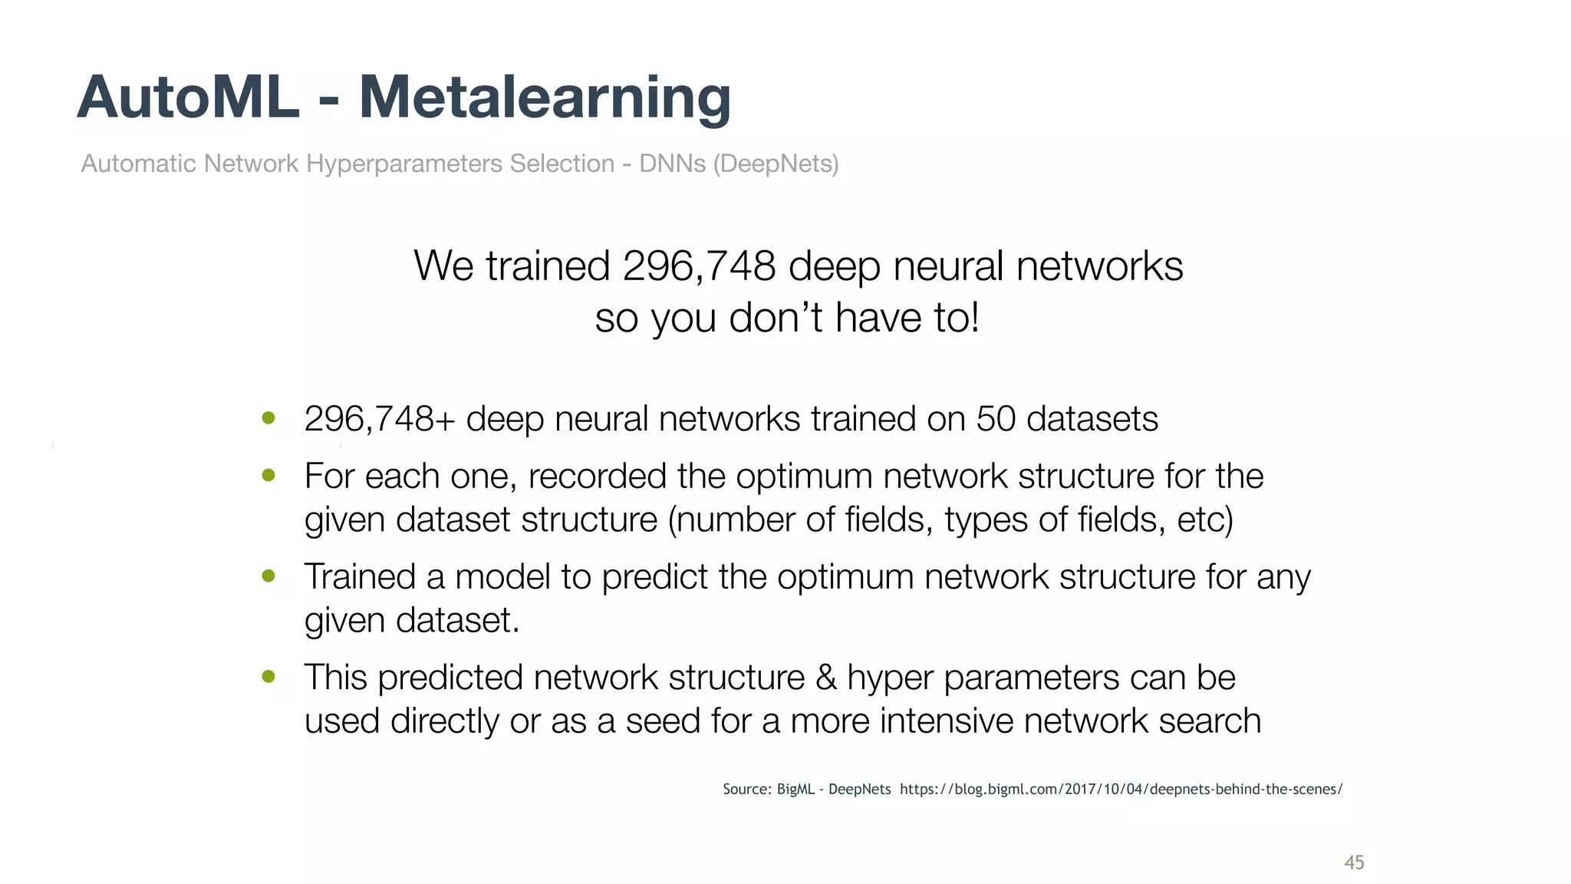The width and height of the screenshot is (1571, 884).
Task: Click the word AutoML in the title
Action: click(x=188, y=97)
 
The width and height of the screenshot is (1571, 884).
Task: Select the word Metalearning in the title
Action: click(x=545, y=97)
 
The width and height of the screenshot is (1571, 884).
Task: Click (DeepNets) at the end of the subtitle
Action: click(x=776, y=163)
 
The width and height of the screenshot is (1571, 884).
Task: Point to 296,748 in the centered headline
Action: click(x=699, y=266)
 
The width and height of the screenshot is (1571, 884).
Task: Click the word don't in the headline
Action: click(x=776, y=318)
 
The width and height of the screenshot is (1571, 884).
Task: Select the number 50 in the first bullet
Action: click(x=996, y=419)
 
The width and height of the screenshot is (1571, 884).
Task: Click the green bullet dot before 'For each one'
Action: click(x=268, y=476)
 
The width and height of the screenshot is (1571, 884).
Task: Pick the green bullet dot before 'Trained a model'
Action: click(x=268, y=576)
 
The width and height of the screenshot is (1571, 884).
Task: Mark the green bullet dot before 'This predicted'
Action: click(x=268, y=677)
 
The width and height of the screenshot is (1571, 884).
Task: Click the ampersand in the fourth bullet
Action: click(x=826, y=678)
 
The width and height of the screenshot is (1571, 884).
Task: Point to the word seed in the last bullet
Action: click(x=662, y=721)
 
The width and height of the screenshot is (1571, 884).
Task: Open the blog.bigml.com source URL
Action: click(x=1121, y=789)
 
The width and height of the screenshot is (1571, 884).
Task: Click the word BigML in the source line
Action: click(x=795, y=789)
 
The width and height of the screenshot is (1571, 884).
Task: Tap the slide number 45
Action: click(x=1354, y=863)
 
